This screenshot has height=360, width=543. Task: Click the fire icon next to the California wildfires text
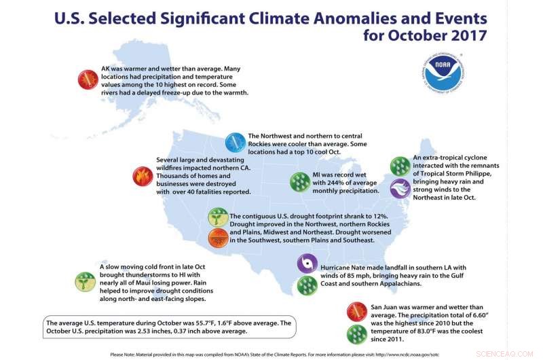pyautogui.click(x=142, y=177)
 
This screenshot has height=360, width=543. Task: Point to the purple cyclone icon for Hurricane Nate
pyautogui.click(x=308, y=263)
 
